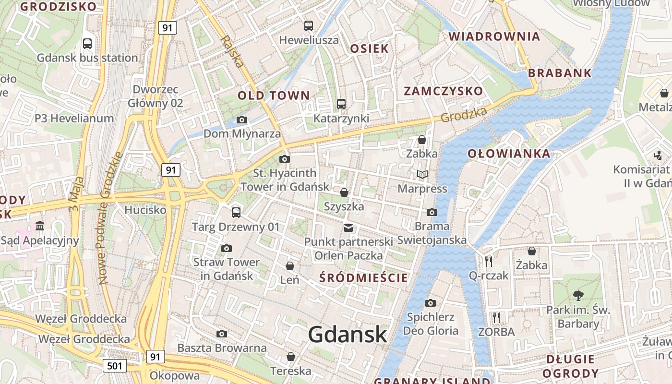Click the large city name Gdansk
point(347,334)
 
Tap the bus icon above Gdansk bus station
point(87,44)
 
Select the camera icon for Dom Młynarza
point(242,120)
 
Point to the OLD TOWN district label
point(274,96)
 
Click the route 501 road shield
point(115,366)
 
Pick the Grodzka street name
point(464,114)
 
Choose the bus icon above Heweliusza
point(309,26)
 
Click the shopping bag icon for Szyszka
point(344,193)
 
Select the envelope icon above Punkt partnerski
point(348,228)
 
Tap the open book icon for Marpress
point(422,175)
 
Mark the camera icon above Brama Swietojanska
point(432,212)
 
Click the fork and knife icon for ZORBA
point(496,317)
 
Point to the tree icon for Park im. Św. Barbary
point(578,295)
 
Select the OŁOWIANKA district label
point(509,154)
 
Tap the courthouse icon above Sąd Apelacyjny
point(40,226)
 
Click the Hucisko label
point(145,210)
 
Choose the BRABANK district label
point(560,73)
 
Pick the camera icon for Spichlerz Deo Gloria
point(431,303)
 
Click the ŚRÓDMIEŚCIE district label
point(363,277)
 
